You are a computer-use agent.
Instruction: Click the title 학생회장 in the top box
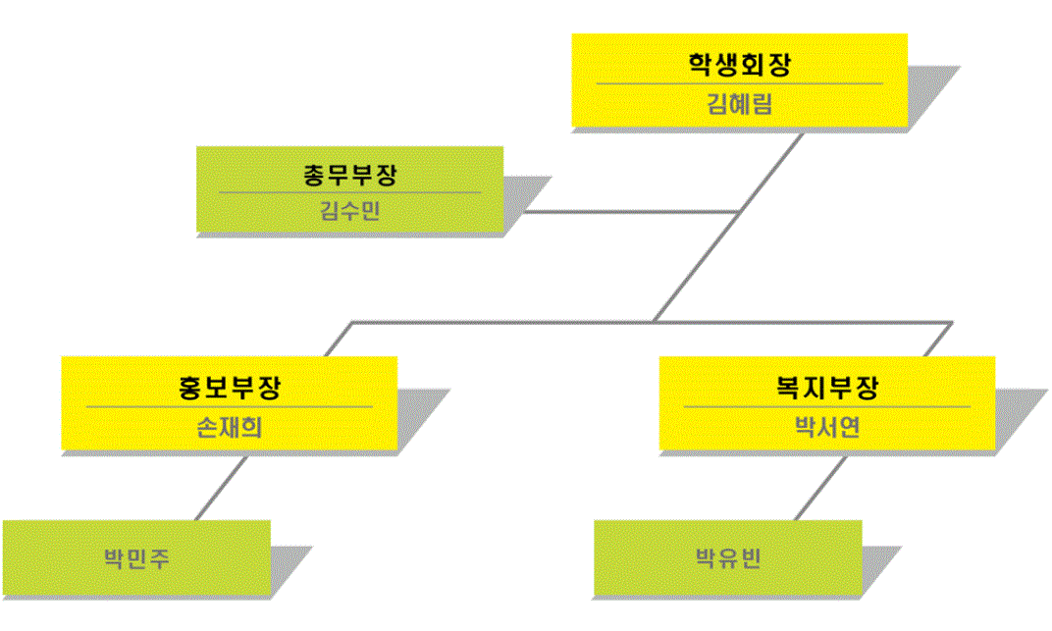[739, 66]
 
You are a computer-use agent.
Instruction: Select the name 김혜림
[739, 104]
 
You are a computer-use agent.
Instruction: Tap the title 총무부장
[349, 176]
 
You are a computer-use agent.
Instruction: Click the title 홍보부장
[229, 387]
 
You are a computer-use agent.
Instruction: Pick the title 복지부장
[826, 387]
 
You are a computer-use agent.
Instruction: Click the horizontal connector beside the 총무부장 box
[628, 211]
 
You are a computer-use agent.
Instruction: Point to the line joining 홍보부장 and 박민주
[221, 486]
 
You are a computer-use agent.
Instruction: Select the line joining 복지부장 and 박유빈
[819, 486]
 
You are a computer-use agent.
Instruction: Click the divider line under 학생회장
[739, 84]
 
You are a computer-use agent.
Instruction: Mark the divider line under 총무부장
[349, 192]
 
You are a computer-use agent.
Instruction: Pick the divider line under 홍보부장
[229, 406]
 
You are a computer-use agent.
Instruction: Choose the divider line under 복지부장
[826, 406]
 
